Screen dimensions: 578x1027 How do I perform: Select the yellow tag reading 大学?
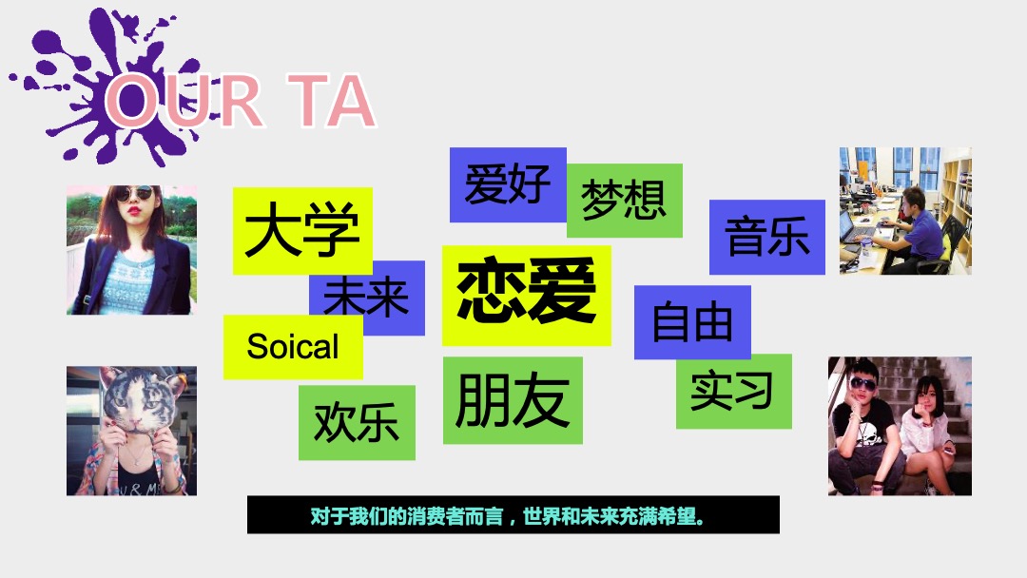pos(301,231)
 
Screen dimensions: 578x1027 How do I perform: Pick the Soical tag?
pos(292,347)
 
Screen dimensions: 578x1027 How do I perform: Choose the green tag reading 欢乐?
pos(356,422)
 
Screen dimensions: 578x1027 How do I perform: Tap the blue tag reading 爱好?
pos(507,183)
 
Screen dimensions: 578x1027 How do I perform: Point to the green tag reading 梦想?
pos(624,201)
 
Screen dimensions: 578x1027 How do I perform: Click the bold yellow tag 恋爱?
pos(526,294)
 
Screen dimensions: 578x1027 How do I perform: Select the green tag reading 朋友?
pos(512,399)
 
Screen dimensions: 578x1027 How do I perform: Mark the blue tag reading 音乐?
pos(766,237)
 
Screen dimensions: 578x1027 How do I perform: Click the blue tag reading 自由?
pos(691,322)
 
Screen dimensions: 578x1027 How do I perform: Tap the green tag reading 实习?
pos(733,391)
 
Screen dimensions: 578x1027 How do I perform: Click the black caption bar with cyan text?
pos(513,514)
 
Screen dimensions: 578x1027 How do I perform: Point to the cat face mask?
pos(134,408)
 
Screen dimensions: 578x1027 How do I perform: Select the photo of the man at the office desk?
pos(904,211)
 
